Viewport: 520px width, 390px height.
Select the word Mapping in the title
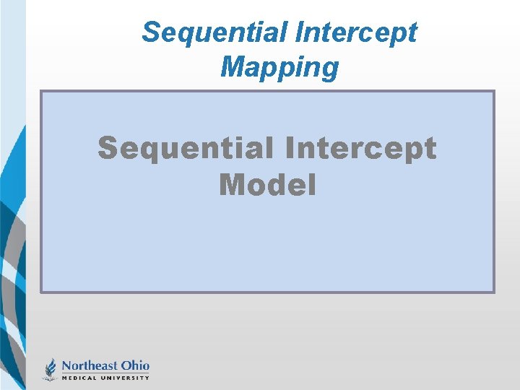tap(279, 67)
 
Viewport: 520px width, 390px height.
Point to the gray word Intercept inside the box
tap(361, 148)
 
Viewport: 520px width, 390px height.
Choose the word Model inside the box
tap(267, 186)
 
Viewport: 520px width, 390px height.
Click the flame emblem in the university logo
tap(51, 369)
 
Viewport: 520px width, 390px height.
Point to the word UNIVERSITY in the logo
tap(128, 378)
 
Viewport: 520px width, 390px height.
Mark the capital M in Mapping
tap(232, 67)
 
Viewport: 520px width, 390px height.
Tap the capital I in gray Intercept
tap(290, 148)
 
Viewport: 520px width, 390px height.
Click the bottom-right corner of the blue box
tap(493, 292)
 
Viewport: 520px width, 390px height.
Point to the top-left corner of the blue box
tap(40, 91)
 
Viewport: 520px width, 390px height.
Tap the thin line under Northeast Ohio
tap(105, 373)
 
